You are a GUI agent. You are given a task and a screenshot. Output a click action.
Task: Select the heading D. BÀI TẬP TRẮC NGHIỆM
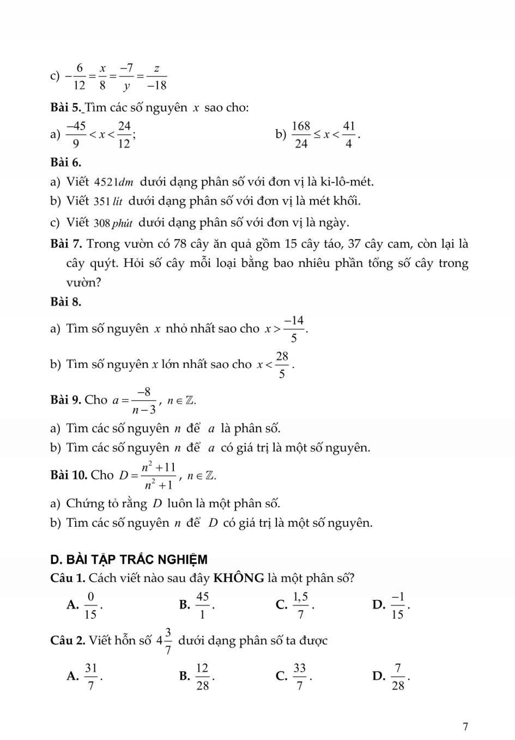click(x=129, y=559)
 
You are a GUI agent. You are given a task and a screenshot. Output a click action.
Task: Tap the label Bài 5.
click(x=65, y=107)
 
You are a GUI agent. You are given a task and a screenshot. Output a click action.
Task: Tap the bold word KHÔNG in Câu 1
click(x=239, y=578)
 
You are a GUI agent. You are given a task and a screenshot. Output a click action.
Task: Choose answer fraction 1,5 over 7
click(x=300, y=606)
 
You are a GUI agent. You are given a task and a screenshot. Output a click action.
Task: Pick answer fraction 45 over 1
click(x=202, y=606)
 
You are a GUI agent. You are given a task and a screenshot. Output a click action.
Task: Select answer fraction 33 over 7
click(x=299, y=677)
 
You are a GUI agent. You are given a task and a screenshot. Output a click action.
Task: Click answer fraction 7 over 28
click(x=398, y=677)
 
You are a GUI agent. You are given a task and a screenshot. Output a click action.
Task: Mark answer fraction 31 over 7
click(x=91, y=677)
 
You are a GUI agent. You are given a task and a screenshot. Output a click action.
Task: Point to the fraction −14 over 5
click(x=293, y=329)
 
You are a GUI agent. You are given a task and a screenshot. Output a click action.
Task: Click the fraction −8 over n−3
click(x=144, y=401)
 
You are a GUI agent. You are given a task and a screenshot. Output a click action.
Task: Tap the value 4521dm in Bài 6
click(x=114, y=182)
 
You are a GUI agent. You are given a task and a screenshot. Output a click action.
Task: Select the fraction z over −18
click(x=156, y=77)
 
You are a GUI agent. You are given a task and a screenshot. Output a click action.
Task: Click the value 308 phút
click(x=113, y=223)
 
